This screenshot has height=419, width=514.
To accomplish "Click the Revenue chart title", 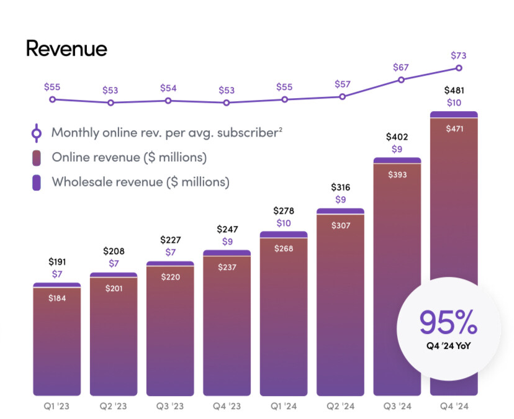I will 66,48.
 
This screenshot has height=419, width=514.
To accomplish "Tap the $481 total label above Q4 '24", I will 454,90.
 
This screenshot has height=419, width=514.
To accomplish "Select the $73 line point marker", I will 459,68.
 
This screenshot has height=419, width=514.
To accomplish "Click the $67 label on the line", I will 401,67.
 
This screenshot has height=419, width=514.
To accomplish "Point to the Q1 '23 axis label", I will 56,407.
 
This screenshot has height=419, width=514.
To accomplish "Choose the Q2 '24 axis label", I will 340,407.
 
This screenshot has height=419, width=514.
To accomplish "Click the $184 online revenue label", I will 56,298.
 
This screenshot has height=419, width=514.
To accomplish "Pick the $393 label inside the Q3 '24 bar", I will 397,174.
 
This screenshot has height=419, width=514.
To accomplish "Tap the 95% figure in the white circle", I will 448,323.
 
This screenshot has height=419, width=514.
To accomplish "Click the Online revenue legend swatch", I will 37,158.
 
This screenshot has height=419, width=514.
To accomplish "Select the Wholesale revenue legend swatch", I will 37,182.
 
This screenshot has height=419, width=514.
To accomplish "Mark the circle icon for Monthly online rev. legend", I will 37,132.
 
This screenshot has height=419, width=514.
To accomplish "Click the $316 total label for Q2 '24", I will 340,187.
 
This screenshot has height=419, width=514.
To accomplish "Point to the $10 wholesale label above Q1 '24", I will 284,223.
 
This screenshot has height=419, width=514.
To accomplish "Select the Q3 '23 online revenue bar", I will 170,335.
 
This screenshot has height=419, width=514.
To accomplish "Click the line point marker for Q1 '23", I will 52,99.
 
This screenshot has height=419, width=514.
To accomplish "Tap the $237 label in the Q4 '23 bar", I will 227,267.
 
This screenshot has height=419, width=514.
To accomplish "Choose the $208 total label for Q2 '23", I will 114,251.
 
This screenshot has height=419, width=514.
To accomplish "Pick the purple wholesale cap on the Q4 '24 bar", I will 454,114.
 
